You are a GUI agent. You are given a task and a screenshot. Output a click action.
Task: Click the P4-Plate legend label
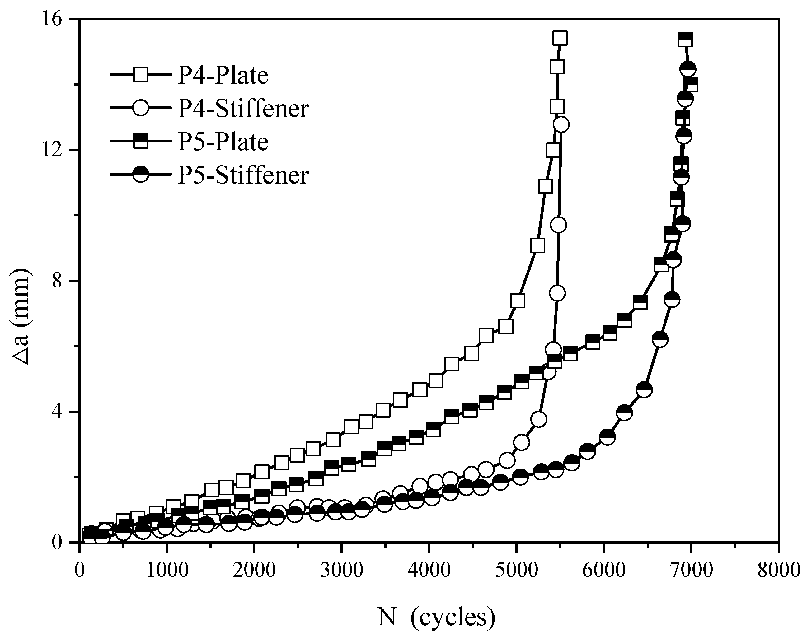(223, 76)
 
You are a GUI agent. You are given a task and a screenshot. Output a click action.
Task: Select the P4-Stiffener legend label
(243, 109)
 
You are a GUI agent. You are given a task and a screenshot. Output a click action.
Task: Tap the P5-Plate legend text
(223, 142)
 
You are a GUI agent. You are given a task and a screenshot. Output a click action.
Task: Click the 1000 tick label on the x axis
(167, 571)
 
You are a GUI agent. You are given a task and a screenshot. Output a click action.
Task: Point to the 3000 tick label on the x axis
(341, 571)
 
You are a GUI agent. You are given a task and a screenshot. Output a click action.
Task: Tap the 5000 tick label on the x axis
(516, 571)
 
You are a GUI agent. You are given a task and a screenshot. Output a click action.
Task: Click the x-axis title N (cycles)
(436, 617)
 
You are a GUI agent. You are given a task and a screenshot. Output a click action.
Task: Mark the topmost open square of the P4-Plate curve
(560, 38)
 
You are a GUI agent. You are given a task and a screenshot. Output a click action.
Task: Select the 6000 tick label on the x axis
(604, 571)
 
